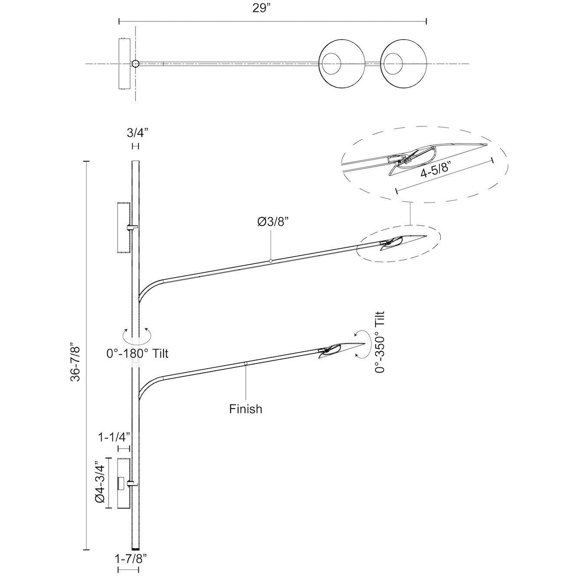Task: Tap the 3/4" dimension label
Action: click(x=138, y=133)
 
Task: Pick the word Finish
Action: click(x=245, y=409)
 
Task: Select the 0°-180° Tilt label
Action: click(x=137, y=354)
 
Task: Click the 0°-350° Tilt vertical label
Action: click(x=380, y=343)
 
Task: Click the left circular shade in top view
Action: click(x=342, y=64)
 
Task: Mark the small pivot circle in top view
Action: click(x=135, y=64)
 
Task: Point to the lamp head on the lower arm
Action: click(x=341, y=350)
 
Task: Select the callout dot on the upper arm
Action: click(x=271, y=261)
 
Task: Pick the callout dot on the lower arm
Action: click(x=245, y=363)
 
